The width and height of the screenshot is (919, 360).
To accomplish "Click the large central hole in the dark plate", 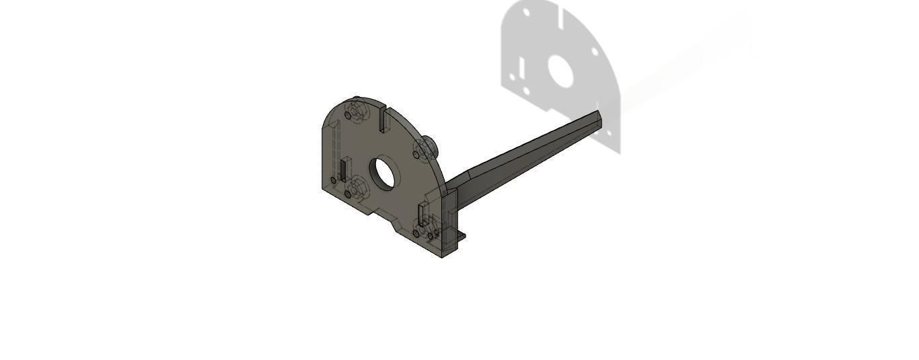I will (x=385, y=173).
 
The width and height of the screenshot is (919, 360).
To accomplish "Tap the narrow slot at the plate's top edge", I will (x=382, y=118).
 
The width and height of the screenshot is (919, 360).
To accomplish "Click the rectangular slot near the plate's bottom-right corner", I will (x=422, y=214).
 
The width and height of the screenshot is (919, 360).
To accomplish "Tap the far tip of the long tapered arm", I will (x=598, y=114).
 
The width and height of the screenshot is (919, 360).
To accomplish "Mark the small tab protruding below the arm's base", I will (x=460, y=236).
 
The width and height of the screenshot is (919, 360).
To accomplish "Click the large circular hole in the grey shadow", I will (x=560, y=71).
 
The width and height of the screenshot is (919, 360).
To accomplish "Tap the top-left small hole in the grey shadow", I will (x=527, y=13).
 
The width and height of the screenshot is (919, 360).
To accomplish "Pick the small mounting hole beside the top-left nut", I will (x=348, y=115).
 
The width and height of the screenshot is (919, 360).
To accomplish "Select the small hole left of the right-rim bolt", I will (x=416, y=155).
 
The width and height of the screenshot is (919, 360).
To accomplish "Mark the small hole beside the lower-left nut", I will (x=348, y=194).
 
